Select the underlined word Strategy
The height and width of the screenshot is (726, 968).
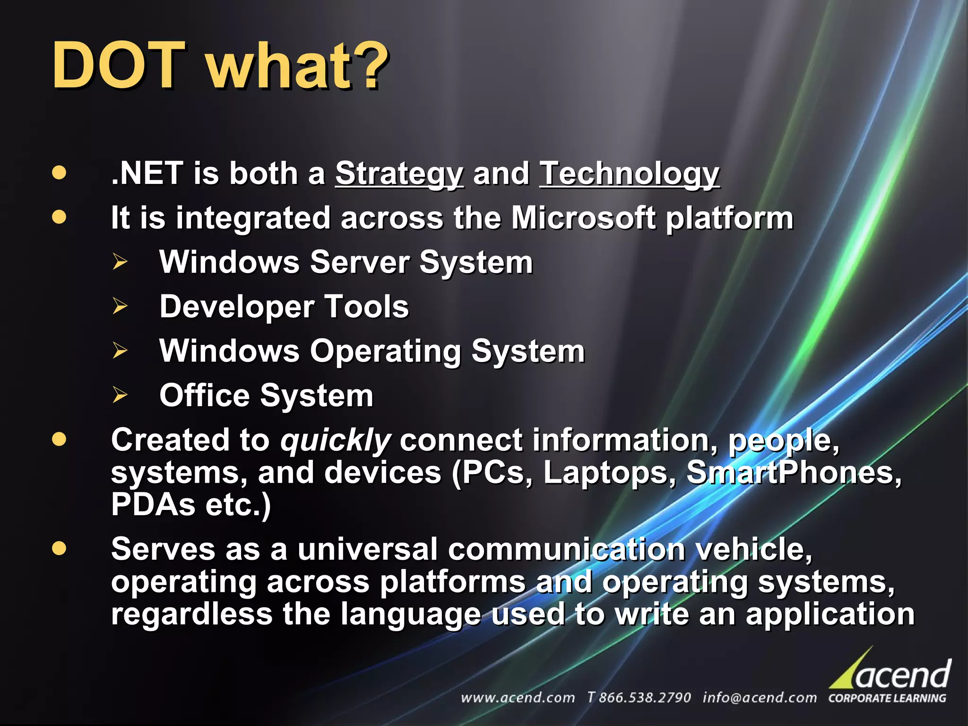pos(399,173)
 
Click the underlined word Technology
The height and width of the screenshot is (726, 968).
pos(629,173)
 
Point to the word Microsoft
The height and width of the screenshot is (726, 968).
pos(583,218)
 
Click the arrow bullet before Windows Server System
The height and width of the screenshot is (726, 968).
pos(120,262)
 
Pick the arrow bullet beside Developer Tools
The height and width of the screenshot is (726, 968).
pos(120,306)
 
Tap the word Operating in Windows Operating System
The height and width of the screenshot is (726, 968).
pos(385,351)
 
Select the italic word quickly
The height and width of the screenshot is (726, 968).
pos(335,441)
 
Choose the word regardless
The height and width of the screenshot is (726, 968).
pos(191,614)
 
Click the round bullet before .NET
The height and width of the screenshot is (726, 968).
pos(59,173)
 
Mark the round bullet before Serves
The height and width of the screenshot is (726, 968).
pos(59,548)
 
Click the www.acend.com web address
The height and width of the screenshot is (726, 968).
pos(518,698)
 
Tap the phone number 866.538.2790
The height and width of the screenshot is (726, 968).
pos(644,698)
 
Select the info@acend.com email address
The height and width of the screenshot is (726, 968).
pos(760,698)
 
